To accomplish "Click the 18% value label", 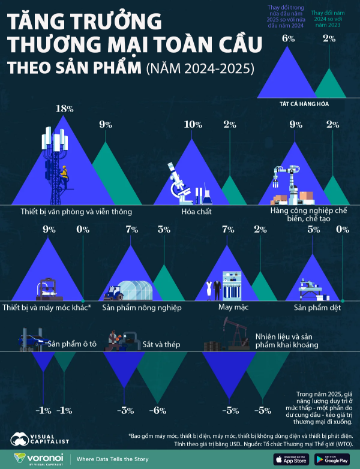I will point(64,109).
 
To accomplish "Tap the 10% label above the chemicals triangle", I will point(193,125).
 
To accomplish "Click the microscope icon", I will point(178,180).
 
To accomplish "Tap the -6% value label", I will point(157,410).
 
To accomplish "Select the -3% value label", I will point(124,410).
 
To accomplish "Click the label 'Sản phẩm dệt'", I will point(317,307).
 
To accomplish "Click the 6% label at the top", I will point(289,38).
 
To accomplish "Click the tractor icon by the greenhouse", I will point(113,293).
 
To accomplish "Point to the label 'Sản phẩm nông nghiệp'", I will point(142,307).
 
